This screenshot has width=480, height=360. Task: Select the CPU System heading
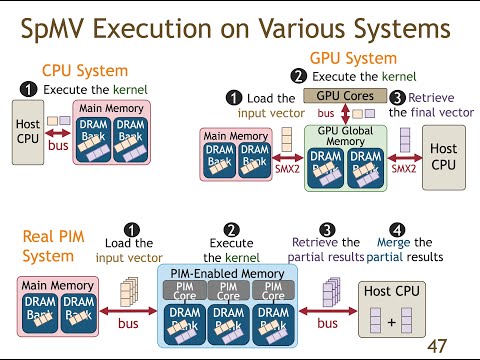pos(84,70)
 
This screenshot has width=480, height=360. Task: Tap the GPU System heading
pos(354,59)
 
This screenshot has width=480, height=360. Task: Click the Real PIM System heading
pos(49,246)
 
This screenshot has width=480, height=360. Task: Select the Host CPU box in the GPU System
pos(442,154)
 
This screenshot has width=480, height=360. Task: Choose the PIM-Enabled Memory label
pos(230,274)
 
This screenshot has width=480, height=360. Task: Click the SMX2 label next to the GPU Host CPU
pos(404,168)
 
